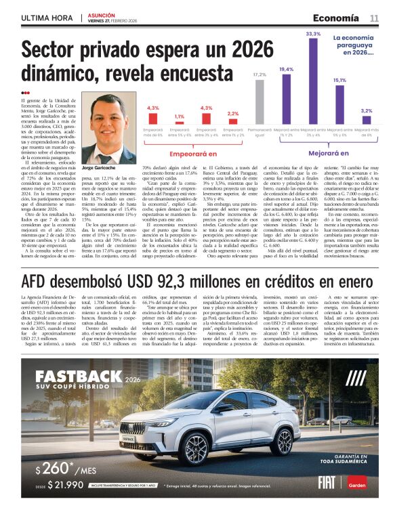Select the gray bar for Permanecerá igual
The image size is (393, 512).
click(260, 102)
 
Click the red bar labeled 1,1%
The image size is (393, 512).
click(179, 123)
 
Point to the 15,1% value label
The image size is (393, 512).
click(339, 80)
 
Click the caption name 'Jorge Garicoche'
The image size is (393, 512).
click(100, 167)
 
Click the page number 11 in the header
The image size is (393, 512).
click(374, 18)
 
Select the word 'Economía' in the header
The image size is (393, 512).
click(336, 18)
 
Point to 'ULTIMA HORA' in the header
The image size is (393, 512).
click(47, 18)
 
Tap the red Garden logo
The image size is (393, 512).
click(358, 483)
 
